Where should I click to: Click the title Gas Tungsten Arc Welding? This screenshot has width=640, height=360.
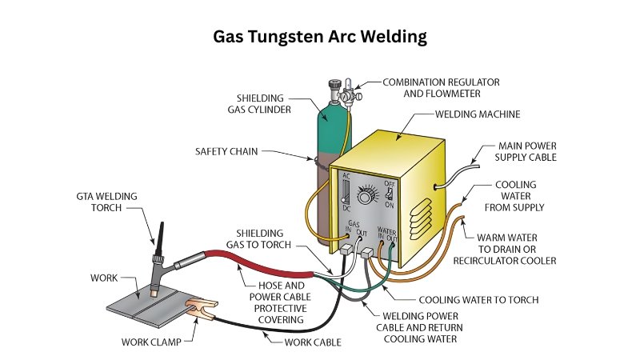pyautogui.click(x=319, y=37)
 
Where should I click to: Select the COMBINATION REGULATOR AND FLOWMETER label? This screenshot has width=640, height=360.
pyautogui.click(x=441, y=88)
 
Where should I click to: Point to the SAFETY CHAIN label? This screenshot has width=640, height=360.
pyautogui.click(x=226, y=150)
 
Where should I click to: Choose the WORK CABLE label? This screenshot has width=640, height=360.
pyautogui.click(x=313, y=342)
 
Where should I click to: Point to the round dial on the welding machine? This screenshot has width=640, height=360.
pyautogui.click(x=370, y=196)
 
